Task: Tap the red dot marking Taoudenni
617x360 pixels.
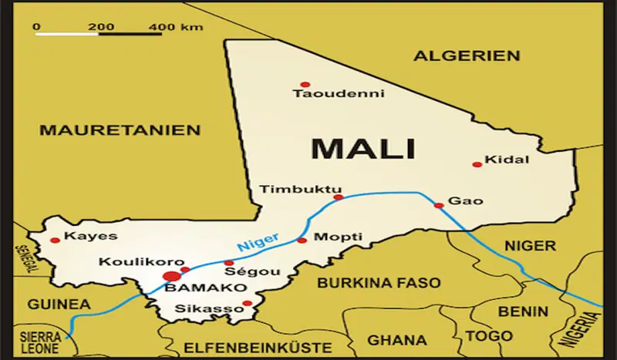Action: coord(305,84)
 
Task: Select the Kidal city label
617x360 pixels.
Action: coord(507,160)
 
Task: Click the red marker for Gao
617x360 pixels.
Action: coord(438,205)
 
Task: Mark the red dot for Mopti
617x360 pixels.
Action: coord(302,241)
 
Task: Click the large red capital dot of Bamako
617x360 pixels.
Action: coord(172,275)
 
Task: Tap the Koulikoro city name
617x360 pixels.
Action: coord(130,262)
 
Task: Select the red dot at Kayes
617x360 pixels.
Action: coord(55,241)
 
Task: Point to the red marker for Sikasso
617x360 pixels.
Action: coord(247,304)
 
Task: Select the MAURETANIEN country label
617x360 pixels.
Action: coord(120,130)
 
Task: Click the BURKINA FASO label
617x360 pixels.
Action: coord(379,283)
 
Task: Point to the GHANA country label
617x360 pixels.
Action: coord(396,339)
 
